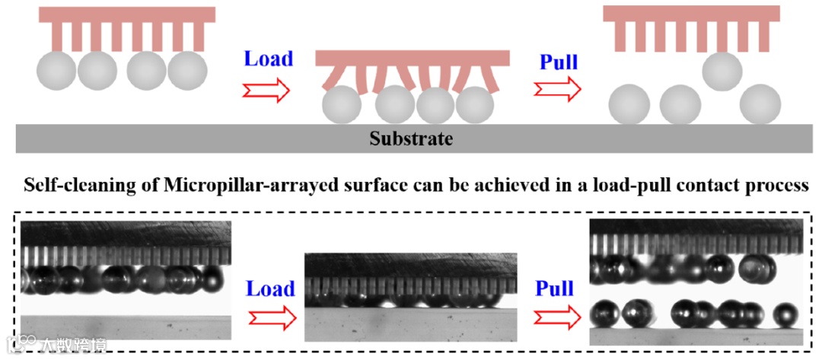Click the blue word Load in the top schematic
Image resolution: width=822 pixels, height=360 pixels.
(268, 59)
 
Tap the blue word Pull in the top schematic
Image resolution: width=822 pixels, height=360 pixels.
(559, 62)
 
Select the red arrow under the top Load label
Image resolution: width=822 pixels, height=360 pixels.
(266, 91)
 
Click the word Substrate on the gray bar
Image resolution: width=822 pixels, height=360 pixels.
(411, 139)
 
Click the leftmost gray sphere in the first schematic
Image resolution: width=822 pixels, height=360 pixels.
(56, 71)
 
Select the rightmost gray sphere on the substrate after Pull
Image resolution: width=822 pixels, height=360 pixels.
(760, 104)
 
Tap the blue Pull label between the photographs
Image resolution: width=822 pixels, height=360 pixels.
(554, 288)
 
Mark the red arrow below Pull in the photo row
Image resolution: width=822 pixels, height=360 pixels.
(555, 316)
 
